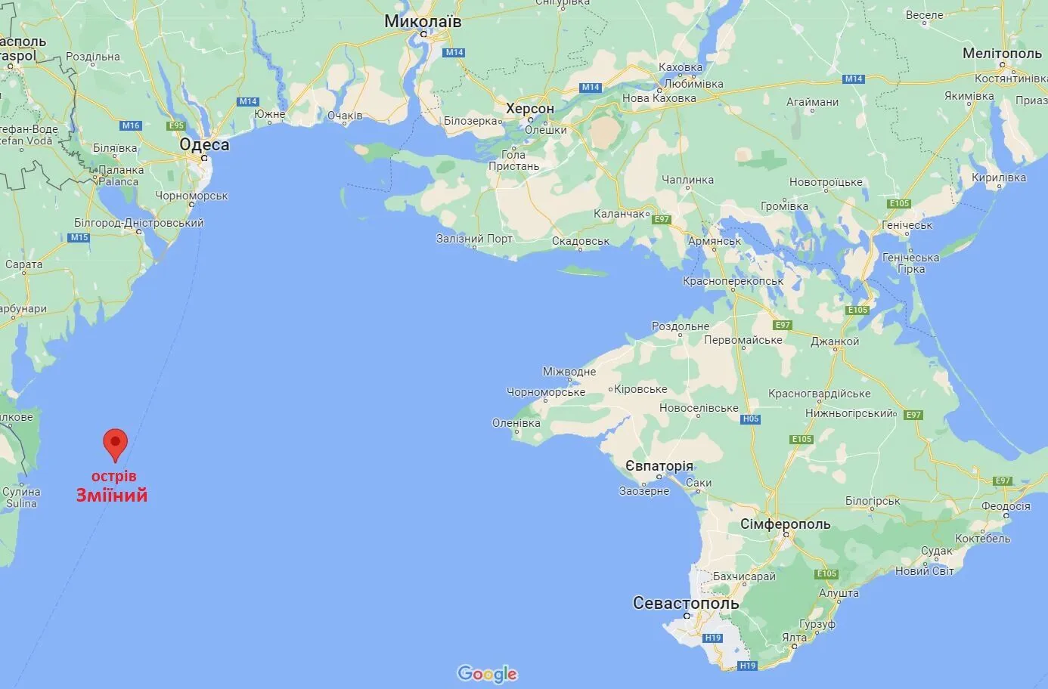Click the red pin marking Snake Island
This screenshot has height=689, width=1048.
click(115, 443)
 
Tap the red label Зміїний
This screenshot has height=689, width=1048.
click(112, 496)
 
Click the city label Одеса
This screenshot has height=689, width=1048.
click(204, 144)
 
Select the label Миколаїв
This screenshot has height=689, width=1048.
click(423, 21)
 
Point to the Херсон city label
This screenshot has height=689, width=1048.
click(530, 109)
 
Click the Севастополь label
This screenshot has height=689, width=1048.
click(685, 603)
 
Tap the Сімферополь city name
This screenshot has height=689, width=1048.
click(785, 524)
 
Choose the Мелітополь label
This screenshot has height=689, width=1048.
click(1002, 54)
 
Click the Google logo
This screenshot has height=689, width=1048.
click(487, 673)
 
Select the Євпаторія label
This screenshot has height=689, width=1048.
click(659, 465)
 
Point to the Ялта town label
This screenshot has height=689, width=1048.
click(794, 638)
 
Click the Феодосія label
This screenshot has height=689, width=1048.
click(1006, 506)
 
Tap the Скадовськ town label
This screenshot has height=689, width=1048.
click(581, 242)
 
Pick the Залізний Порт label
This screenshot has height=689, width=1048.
click(474, 239)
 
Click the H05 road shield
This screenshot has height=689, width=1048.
click(750, 419)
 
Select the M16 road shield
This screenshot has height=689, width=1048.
click(131, 125)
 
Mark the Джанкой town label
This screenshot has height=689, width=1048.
click(835, 341)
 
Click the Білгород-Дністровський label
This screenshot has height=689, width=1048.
click(139, 223)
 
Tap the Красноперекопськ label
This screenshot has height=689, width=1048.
click(733, 281)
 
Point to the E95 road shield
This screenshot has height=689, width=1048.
click(176, 125)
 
